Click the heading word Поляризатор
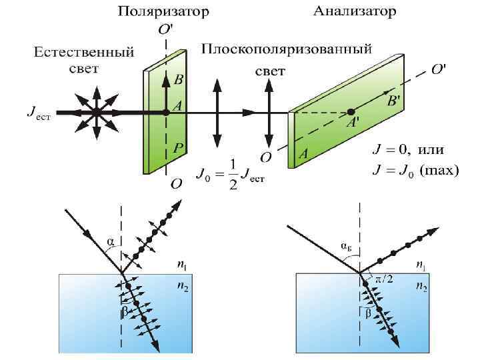click(163, 11)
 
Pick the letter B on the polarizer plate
click(179, 80)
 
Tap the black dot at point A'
click(351, 111)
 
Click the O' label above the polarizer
click(164, 30)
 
